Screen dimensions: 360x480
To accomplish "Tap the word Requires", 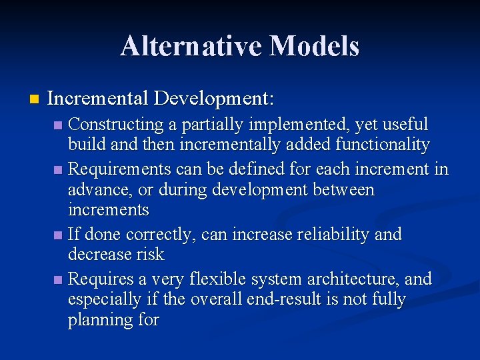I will click(x=97, y=279).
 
